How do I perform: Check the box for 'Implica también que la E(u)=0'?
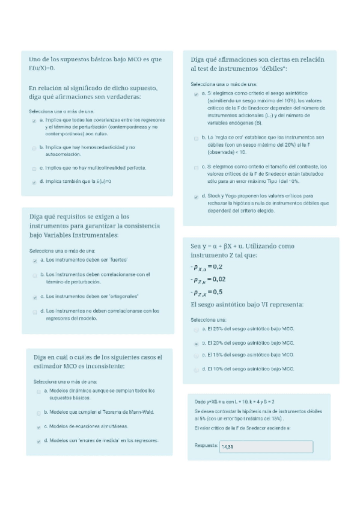pos(34,181)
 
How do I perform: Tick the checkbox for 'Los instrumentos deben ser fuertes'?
pos(34,260)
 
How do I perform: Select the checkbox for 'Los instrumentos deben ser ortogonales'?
pos(34,296)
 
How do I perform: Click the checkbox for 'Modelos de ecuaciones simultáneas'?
pos(38,426)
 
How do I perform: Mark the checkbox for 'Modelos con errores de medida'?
pos(38,441)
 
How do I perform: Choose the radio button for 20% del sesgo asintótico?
pos(197,343)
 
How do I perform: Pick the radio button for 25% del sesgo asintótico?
pos(197,330)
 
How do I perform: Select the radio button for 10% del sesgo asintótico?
pos(197,369)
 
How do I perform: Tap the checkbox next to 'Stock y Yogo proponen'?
pos(197,197)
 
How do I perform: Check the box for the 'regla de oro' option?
pos(197,138)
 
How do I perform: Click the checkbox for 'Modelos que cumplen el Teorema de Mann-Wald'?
pos(38,413)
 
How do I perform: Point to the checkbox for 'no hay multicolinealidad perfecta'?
pos(34,168)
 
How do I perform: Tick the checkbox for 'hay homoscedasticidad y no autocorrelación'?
pos(34,147)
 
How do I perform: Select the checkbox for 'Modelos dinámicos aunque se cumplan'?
pos(38,391)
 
